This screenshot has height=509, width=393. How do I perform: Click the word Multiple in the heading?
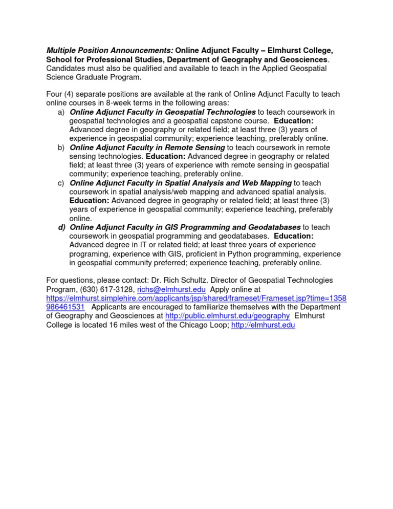pyautogui.click(x=62, y=51)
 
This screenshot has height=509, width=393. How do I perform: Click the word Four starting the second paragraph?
pyautogui.click(x=55, y=95)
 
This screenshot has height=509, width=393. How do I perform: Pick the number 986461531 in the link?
pyautogui.click(x=65, y=307)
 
